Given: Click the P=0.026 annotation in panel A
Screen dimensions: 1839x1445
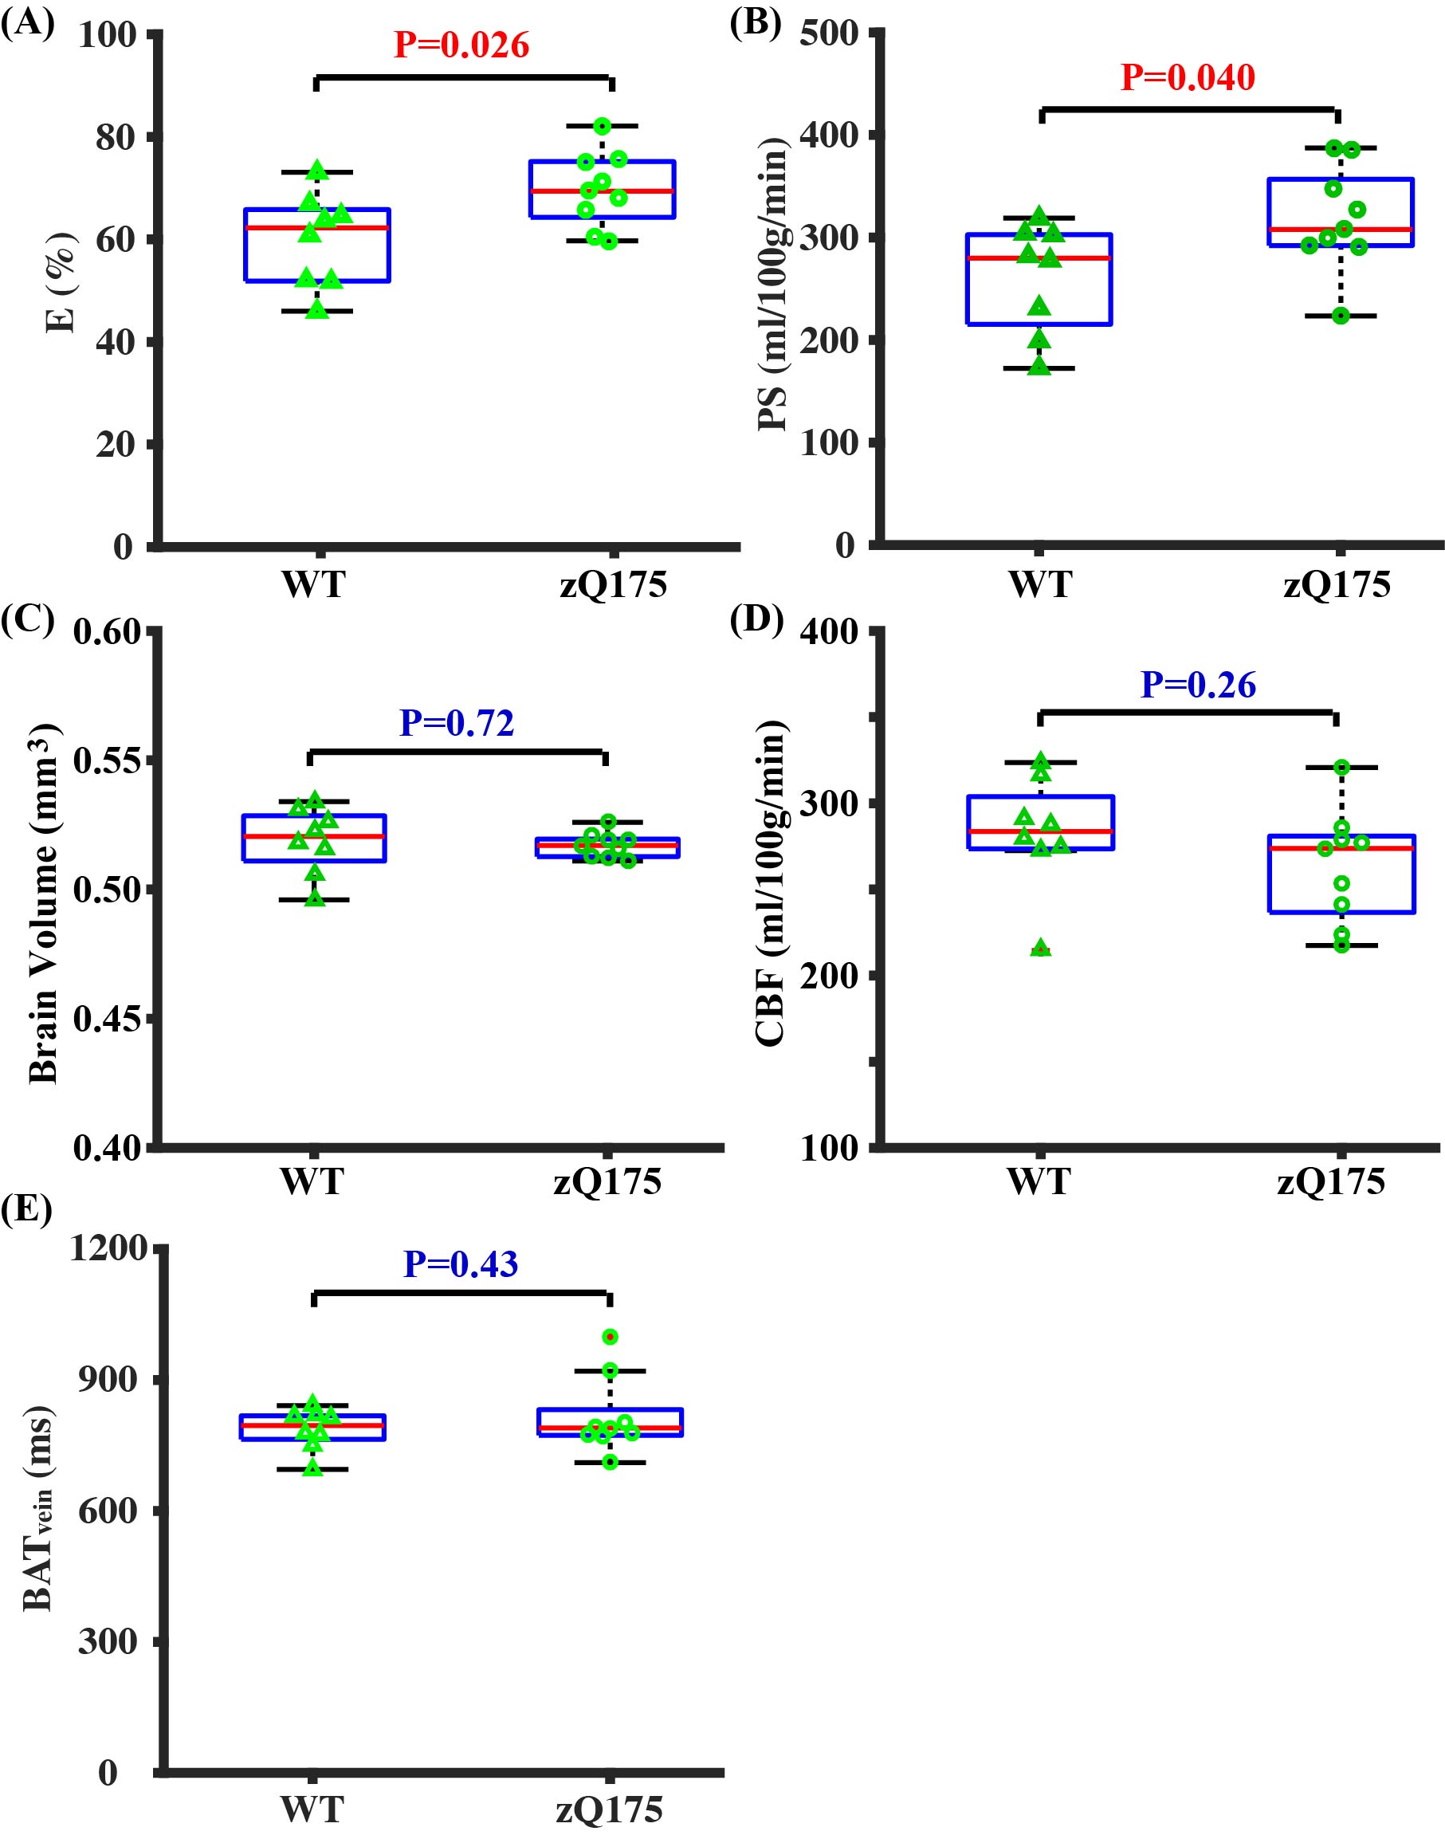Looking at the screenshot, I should pyautogui.click(x=462, y=45).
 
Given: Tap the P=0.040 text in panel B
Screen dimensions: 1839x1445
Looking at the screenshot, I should pyautogui.click(x=1187, y=78).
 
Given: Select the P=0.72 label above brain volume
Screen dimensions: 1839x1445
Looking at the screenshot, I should pyautogui.click(x=457, y=723).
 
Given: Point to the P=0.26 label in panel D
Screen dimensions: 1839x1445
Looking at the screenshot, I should pyautogui.click(x=1198, y=686).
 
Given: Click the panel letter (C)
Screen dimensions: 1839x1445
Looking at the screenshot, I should pyautogui.click(x=27, y=620).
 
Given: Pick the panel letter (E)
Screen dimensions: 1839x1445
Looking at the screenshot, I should pyautogui.click(x=26, y=1209).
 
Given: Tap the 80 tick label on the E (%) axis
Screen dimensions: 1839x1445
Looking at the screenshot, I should pyautogui.click(x=114, y=138).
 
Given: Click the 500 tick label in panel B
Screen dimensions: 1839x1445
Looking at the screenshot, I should pyautogui.click(x=829, y=36).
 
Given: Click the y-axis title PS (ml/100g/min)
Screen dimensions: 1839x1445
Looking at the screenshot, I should pyautogui.click(x=772, y=283).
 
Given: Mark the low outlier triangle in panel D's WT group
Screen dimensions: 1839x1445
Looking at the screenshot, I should pyautogui.click(x=1042, y=949).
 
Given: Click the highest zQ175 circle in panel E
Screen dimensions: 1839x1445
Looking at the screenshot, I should pyautogui.click(x=609, y=1337).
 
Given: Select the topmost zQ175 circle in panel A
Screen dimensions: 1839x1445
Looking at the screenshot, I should pyautogui.click(x=603, y=126).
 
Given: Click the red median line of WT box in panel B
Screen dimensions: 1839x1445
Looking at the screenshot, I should pyautogui.click(x=1039, y=258).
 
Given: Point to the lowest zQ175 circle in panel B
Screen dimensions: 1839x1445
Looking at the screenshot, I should pyautogui.click(x=1341, y=316).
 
